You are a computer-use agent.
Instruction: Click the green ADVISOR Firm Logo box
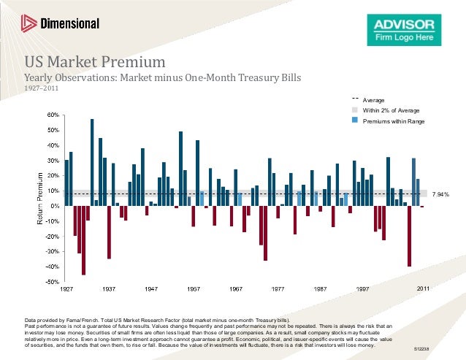point(403,30)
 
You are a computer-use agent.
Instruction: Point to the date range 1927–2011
point(41,89)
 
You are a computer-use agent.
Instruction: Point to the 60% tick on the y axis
point(54,115)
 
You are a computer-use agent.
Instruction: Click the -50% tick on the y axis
point(53,281)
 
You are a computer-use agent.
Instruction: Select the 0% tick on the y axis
point(56,206)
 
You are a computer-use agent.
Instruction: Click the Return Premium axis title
point(40,198)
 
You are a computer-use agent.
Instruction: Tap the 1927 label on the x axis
point(66,289)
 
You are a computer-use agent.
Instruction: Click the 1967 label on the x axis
point(236,289)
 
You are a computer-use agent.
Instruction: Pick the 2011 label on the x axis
point(422,289)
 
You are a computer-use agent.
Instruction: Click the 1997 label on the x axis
point(363,289)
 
